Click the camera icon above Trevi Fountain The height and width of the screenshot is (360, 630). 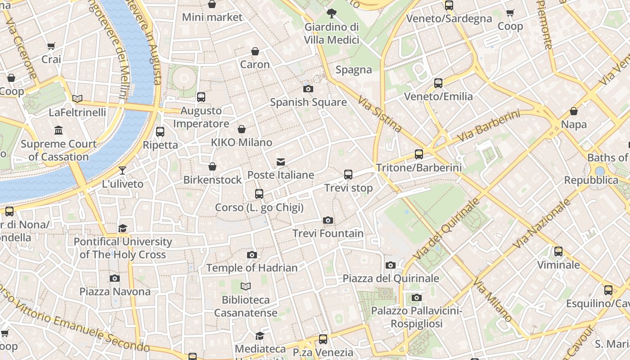point(328,220)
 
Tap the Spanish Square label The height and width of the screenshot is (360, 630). point(308,102)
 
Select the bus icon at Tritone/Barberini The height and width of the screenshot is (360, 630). point(418,154)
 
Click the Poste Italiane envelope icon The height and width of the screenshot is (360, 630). point(281,162)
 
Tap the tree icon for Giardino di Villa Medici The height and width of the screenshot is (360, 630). point(332,13)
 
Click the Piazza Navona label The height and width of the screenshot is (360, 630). point(115,292)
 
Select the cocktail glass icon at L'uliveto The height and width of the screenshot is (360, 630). point(122,171)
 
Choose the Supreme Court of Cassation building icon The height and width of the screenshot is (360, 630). point(58,130)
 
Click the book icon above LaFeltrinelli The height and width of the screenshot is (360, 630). point(77,99)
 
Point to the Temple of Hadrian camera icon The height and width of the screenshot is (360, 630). point(252,255)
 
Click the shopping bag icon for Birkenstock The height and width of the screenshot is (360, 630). point(212,166)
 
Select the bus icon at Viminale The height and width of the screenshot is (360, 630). point(558,252)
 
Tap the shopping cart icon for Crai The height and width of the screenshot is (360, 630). point(51,46)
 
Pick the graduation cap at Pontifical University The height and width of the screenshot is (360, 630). point(122,228)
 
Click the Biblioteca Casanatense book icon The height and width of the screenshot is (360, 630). point(245,286)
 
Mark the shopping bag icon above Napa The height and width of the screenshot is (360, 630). point(574,111)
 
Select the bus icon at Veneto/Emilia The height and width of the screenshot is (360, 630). point(438,83)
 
